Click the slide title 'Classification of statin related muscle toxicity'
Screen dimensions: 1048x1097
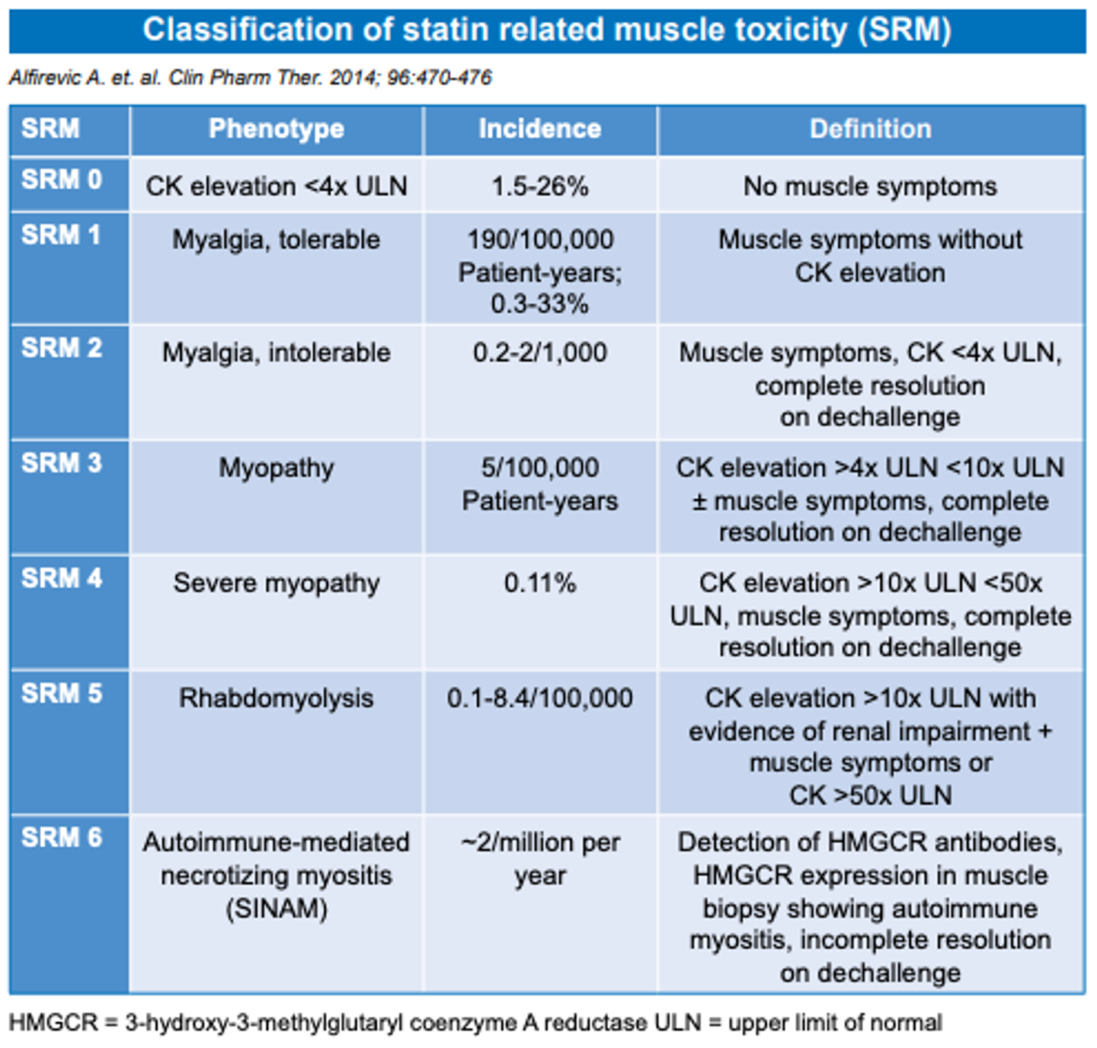pyautogui.click(x=547, y=30)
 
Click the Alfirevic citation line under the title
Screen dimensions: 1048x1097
pyautogui.click(x=250, y=78)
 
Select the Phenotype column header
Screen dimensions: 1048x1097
pyautogui.click(x=276, y=129)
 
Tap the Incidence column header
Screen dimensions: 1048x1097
pyautogui.click(x=539, y=129)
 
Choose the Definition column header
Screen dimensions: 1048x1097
pyautogui.click(x=870, y=129)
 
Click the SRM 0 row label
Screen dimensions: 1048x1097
pyautogui.click(x=62, y=180)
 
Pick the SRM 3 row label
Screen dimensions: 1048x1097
pyautogui.click(x=62, y=463)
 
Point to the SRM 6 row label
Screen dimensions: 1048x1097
pyautogui.click(x=62, y=838)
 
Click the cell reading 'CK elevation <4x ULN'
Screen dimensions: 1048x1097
pyautogui.click(x=276, y=186)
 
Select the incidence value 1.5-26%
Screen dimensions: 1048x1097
pyautogui.click(x=539, y=186)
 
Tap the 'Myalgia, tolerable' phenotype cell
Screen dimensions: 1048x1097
pyautogui.click(x=276, y=240)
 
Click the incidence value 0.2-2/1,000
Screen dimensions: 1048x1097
pyautogui.click(x=539, y=353)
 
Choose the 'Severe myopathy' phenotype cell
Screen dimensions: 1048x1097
pyautogui.click(x=276, y=583)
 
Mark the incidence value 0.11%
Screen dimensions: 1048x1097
pyautogui.click(x=539, y=583)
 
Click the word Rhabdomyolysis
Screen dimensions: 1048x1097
pyautogui.click(x=276, y=698)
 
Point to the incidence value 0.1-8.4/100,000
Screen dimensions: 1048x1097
pyautogui.click(x=539, y=698)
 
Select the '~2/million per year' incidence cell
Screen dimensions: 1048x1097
pyautogui.click(x=539, y=858)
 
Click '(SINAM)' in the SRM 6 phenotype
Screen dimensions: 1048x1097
pyautogui.click(x=276, y=909)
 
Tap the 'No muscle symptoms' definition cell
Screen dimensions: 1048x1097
pyautogui.click(x=870, y=186)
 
